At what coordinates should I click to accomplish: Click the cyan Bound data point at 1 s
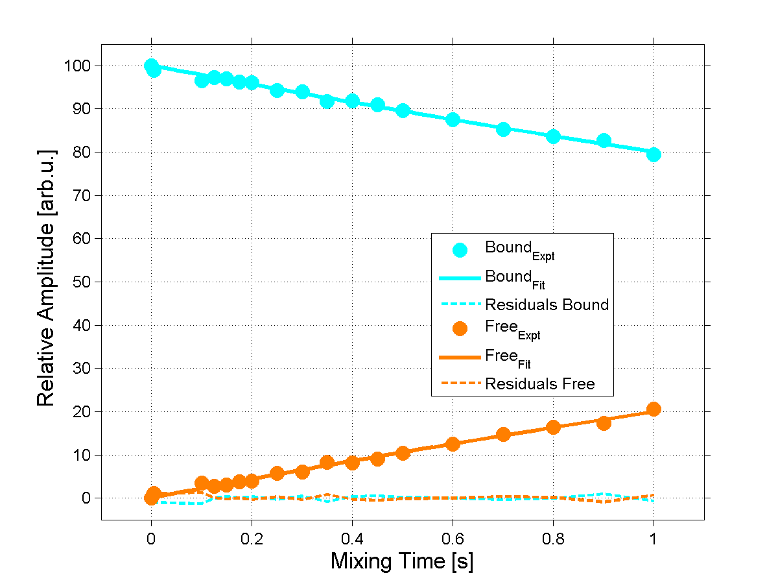pyautogui.click(x=654, y=154)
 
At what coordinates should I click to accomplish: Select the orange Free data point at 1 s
pyautogui.click(x=654, y=409)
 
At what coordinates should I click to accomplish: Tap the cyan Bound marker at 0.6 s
pyautogui.click(x=453, y=119)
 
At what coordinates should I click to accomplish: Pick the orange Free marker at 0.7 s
pyautogui.click(x=503, y=434)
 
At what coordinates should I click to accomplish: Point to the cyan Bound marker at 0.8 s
pyautogui.click(x=553, y=136)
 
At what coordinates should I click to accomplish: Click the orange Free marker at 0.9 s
pyautogui.click(x=604, y=423)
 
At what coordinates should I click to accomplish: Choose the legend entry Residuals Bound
pyautogui.click(x=547, y=304)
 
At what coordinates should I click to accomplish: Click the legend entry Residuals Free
pyautogui.click(x=539, y=384)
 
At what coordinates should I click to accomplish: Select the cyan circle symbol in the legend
pyautogui.click(x=460, y=249)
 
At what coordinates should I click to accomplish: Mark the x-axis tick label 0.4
pyautogui.click(x=352, y=538)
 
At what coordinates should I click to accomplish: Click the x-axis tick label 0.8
pyautogui.click(x=553, y=538)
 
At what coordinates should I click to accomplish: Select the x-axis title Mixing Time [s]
pyautogui.click(x=402, y=561)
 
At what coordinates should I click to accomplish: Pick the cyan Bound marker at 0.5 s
pyautogui.click(x=403, y=110)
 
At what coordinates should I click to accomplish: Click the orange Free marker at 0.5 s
pyautogui.click(x=403, y=453)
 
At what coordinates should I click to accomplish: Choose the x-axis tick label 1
pyautogui.click(x=654, y=538)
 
